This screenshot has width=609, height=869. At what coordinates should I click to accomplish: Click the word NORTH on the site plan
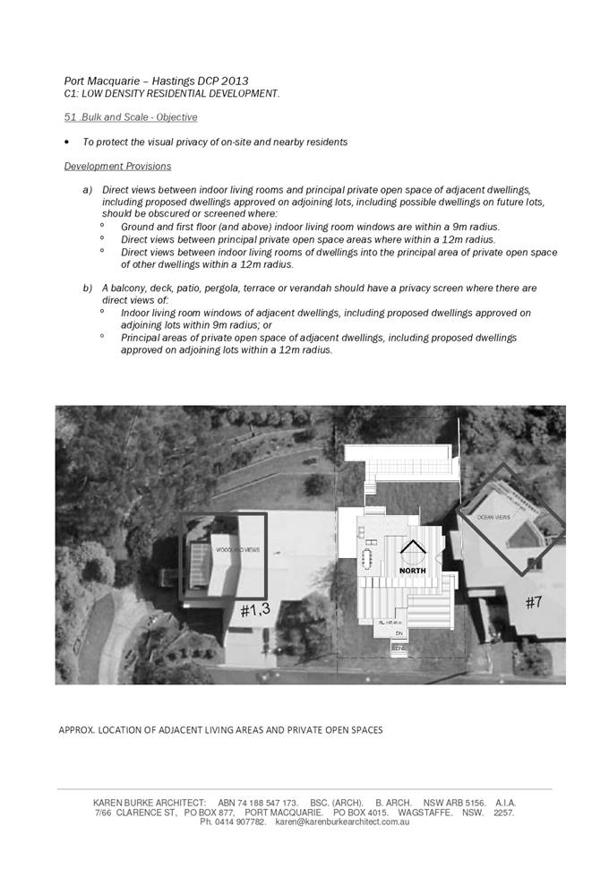(413, 570)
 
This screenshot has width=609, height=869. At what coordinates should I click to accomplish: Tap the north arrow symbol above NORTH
(412, 550)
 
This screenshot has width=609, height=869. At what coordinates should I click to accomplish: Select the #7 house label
(533, 603)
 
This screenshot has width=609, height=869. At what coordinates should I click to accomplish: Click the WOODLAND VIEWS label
(237, 549)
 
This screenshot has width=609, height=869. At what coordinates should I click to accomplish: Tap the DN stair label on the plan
(399, 632)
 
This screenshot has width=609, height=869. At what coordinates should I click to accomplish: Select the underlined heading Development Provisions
(117, 167)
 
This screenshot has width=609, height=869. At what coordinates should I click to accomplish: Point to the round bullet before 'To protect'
(67, 142)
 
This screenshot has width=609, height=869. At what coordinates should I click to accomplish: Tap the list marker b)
(88, 288)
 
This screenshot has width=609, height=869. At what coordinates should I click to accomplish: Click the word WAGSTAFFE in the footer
(428, 813)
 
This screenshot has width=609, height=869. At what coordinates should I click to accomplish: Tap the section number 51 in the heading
(69, 117)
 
